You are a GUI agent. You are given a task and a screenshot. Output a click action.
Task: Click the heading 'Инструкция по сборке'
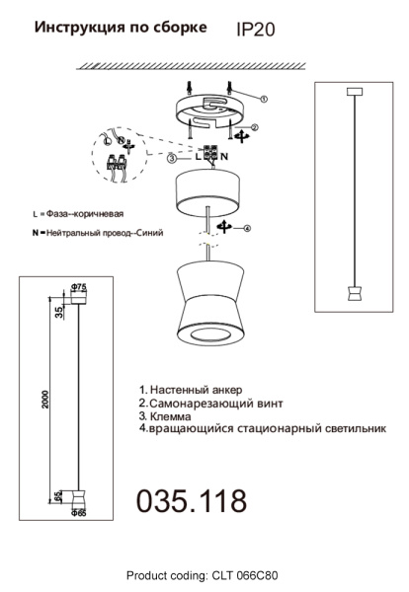click(x=121, y=29)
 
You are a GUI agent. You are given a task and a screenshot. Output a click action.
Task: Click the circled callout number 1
click(x=263, y=100)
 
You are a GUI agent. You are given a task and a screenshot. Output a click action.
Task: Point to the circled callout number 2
click(x=253, y=127)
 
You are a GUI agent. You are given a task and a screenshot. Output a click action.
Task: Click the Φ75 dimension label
click(x=80, y=287)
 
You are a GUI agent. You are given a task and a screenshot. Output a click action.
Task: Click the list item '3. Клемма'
click(x=172, y=417)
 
